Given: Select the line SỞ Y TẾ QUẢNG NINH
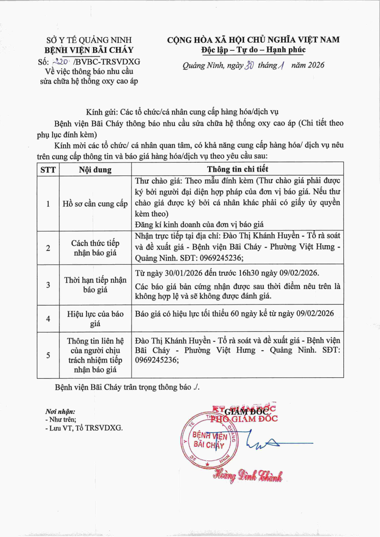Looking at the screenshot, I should click(89, 40).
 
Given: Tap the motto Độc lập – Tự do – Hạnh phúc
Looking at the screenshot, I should click(253, 50).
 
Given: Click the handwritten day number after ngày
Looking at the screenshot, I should click(247, 66).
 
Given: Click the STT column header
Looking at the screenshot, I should click(47, 170).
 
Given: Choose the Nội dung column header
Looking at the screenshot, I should click(95, 170).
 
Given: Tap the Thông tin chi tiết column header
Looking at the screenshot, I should click(237, 169).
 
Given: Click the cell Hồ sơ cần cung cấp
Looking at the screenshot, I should click(95, 204).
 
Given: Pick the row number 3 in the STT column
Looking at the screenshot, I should click(47, 285).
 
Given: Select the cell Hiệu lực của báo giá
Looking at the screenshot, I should click(95, 318).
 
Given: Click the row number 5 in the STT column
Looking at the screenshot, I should click(47, 355).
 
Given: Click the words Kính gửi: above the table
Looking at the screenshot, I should click(102, 112).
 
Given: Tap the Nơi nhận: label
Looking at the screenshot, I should click(60, 412).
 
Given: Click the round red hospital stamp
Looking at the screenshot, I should click(209, 440).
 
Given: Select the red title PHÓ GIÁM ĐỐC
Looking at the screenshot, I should click(244, 419).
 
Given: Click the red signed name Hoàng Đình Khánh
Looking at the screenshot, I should click(247, 475).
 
